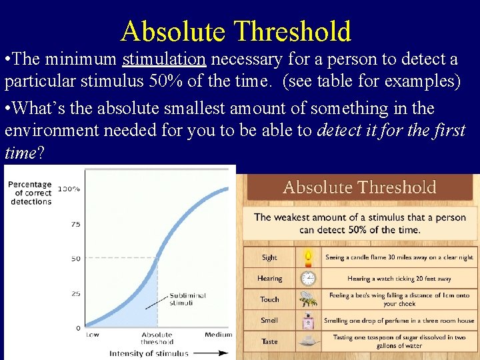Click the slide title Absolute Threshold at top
coord(235,31)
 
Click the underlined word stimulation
coord(164,59)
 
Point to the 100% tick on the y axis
coord(69,189)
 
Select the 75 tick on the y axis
coord(75,224)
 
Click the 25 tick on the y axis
coord(75,293)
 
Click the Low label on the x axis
coord(92,335)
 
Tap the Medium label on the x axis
coord(218,335)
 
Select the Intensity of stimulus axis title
coord(148,353)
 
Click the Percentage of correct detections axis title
coord(30,193)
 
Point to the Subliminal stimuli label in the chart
coord(187,299)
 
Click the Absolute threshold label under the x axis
coord(157,338)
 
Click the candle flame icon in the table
coord(308,257)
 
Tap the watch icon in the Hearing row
coord(308,279)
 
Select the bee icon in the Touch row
coord(308,299)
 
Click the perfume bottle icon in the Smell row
coord(308,321)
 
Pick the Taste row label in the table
coord(269,341)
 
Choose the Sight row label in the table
coord(269,257)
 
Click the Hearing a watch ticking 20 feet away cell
coord(399,279)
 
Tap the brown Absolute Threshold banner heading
coord(359,187)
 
